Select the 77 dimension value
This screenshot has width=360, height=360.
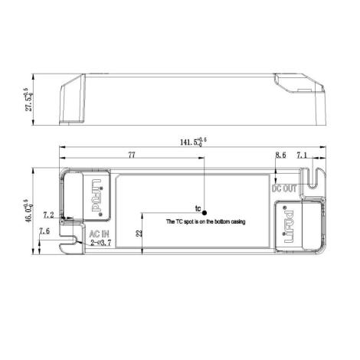click(x=131, y=155)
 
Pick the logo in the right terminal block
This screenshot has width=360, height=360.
click(x=290, y=227)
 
